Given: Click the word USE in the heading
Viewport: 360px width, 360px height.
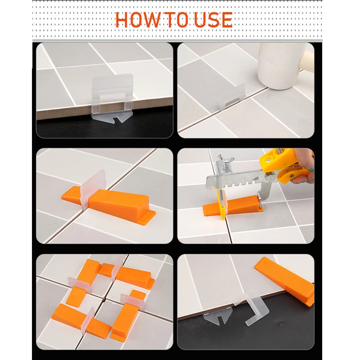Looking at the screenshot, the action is click(213, 20).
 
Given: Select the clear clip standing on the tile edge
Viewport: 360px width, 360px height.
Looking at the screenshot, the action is click(112, 94).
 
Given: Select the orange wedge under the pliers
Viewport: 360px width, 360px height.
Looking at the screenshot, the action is click(232, 206).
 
